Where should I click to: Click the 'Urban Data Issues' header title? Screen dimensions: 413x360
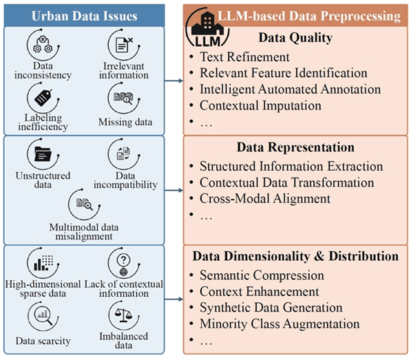[x=84, y=16]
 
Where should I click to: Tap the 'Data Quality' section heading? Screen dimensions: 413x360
[x=295, y=38]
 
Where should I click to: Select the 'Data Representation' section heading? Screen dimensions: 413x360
[x=295, y=147]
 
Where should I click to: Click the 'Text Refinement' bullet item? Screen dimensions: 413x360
[x=244, y=57]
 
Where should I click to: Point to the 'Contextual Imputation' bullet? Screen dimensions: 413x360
[x=260, y=105]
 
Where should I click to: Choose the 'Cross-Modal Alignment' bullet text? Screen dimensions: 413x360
[x=265, y=198]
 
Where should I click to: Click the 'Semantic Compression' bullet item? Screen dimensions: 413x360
[x=262, y=275]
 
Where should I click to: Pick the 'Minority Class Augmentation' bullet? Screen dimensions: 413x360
[x=279, y=324]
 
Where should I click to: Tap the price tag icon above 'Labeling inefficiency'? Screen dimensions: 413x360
[x=43, y=98]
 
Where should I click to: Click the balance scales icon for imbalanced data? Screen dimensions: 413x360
[x=123, y=315]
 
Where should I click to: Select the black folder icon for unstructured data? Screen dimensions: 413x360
[x=43, y=153]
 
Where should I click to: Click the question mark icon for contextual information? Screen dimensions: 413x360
[x=123, y=264]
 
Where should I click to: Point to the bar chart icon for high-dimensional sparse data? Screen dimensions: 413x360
[x=43, y=263]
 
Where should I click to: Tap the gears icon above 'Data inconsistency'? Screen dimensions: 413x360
[x=43, y=45]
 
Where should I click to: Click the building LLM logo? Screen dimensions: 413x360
[x=208, y=28]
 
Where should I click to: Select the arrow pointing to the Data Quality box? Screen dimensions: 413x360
[x=174, y=81]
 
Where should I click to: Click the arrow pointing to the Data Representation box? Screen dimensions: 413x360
[x=174, y=190]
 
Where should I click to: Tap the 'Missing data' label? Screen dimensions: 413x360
[x=125, y=122]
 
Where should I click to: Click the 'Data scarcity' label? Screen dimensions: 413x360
[x=43, y=341]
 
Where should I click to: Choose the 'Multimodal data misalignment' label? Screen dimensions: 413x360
[x=84, y=232]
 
